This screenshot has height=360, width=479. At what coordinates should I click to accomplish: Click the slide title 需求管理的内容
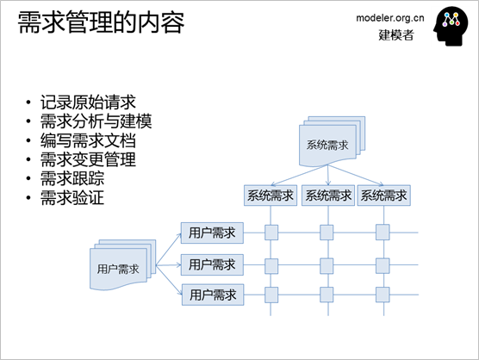click(x=101, y=22)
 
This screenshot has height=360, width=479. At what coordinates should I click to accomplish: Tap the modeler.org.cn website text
click(x=390, y=18)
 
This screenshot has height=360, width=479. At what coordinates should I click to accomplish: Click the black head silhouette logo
click(x=451, y=26)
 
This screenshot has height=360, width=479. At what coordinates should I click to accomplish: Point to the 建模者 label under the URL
click(x=396, y=34)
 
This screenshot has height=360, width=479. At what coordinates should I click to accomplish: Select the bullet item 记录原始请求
click(x=88, y=102)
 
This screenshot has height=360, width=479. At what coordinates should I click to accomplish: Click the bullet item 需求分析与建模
click(x=96, y=121)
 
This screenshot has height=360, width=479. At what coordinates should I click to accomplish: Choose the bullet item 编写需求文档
click(x=88, y=140)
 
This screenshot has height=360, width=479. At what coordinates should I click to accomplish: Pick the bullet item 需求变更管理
click(x=88, y=159)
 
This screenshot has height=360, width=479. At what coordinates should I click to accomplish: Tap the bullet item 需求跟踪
click(x=72, y=178)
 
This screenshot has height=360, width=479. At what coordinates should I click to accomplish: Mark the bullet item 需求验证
click(x=72, y=197)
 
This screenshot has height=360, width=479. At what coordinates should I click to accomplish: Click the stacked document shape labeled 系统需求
click(x=332, y=141)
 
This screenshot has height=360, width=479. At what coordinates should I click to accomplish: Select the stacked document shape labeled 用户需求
click(x=123, y=264)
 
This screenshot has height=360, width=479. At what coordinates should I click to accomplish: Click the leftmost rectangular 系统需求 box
click(x=271, y=196)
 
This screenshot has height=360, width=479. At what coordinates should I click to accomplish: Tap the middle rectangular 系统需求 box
click(x=328, y=196)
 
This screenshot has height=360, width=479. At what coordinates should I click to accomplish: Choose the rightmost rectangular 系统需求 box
click(x=383, y=196)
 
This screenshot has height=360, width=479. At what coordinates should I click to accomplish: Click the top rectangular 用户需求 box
click(x=212, y=233)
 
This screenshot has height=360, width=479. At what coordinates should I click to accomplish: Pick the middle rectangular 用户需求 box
click(x=212, y=264)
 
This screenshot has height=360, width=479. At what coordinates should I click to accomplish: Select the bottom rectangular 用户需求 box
click(x=213, y=295)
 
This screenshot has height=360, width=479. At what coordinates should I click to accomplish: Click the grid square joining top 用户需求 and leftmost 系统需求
click(x=271, y=233)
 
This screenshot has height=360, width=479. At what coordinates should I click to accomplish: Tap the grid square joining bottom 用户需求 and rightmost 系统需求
click(x=383, y=295)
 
